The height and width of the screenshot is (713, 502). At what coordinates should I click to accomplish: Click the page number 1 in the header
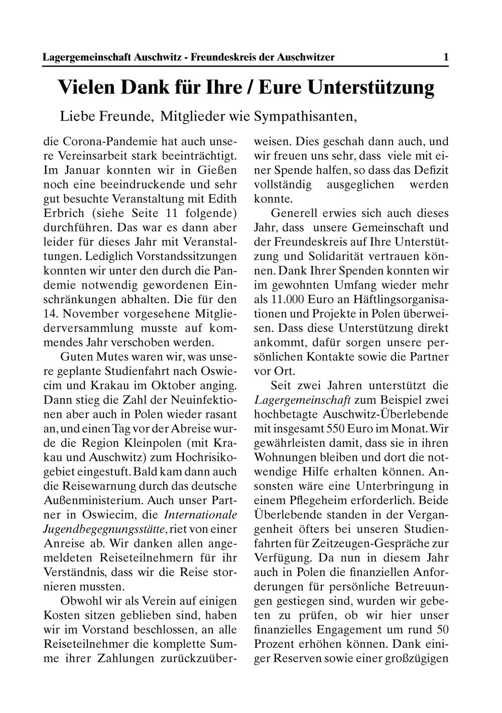[446, 57]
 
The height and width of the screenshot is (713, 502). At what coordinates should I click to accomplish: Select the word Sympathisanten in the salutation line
[306, 117]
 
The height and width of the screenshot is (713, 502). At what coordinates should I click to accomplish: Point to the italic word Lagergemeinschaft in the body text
[303, 401]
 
